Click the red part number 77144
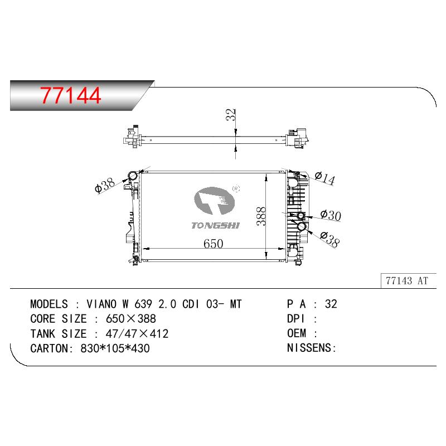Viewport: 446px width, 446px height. click(70, 95)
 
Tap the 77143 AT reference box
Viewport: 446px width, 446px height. click(408, 281)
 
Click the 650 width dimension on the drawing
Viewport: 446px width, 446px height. click(213, 244)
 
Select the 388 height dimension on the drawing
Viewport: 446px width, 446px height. click(261, 216)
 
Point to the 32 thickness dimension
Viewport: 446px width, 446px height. click(231, 115)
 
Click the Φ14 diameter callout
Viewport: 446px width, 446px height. click(325, 178)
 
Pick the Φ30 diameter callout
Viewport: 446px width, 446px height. click(331, 215)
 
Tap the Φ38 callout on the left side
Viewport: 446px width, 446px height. click(105, 185)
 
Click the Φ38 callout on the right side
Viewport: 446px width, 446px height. click(329, 240)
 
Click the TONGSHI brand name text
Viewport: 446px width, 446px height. click(215, 226)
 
